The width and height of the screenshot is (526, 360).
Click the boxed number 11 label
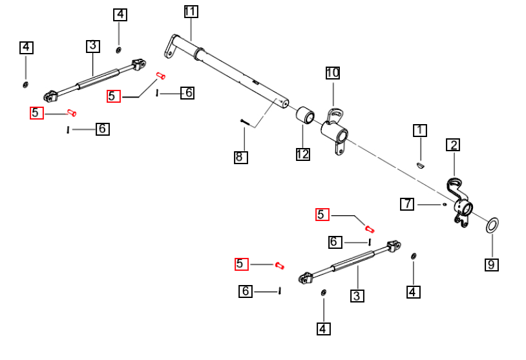[191, 12]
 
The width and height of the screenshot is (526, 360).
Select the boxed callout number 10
[332, 72]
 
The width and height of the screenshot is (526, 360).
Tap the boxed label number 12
[302, 154]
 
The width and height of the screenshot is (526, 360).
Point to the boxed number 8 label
[241, 156]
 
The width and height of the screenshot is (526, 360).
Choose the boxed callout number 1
[420, 131]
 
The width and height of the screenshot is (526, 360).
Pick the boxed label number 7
[407, 204]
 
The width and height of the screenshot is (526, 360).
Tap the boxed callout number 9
[492, 264]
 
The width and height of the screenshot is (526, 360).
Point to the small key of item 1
[419, 165]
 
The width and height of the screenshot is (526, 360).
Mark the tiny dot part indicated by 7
[445, 204]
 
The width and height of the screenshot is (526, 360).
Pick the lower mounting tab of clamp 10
[338, 149]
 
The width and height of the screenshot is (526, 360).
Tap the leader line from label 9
[492, 246]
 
